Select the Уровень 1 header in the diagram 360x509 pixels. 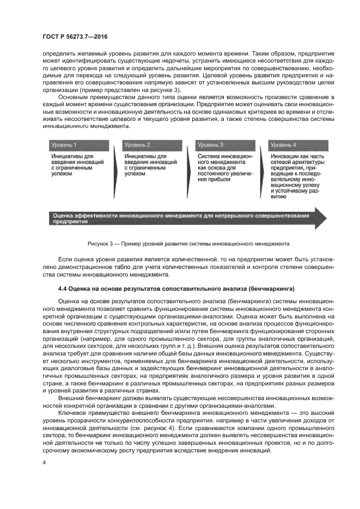[x=64, y=145]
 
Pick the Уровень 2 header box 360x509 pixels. [x=137, y=145]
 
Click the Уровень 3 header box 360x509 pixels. [x=210, y=145]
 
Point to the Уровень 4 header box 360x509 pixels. [x=283, y=145]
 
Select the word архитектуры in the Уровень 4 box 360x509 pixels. [x=307, y=162]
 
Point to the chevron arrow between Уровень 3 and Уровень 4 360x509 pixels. [x=261, y=174]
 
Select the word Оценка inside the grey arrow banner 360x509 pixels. [x=64, y=216]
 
